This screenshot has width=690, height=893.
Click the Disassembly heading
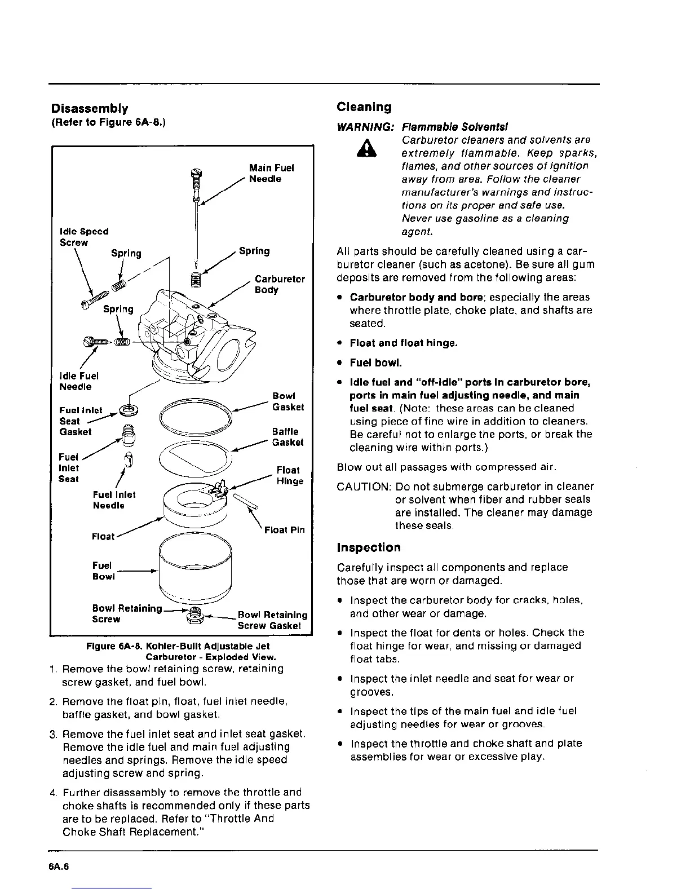(x=89, y=108)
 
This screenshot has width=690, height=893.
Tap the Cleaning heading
(x=364, y=107)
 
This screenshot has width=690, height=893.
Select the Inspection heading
(x=369, y=547)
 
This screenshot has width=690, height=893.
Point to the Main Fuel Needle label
(x=271, y=173)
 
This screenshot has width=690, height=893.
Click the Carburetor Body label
(x=280, y=284)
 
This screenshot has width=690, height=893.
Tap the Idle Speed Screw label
(x=84, y=237)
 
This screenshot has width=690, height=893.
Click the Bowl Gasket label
(x=287, y=401)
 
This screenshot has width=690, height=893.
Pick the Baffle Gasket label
(x=287, y=437)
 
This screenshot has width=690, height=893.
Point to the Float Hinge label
(x=289, y=475)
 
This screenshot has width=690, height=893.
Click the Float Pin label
(x=284, y=530)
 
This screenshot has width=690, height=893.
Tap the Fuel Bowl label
(x=103, y=571)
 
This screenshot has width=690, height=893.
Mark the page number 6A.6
(x=59, y=867)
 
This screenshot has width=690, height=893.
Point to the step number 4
(x=53, y=792)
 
